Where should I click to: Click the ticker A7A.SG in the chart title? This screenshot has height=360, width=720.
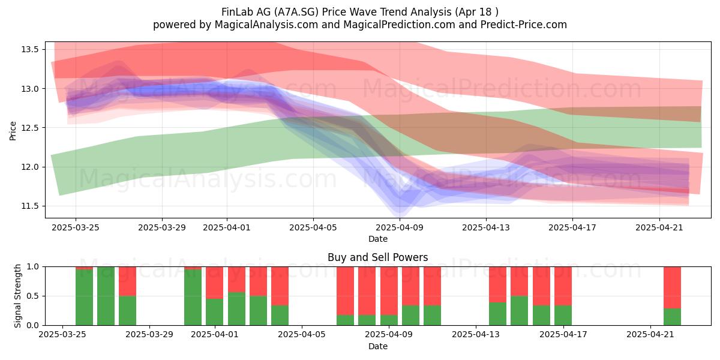(x=296, y=12)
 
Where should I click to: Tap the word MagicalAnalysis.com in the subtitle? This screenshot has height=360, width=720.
(x=266, y=25)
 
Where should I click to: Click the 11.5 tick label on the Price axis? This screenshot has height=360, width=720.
(x=30, y=206)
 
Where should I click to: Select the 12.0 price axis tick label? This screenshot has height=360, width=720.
(x=30, y=167)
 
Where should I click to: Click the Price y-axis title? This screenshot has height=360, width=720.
(x=13, y=131)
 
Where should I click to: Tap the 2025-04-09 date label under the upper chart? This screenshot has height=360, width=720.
(x=400, y=228)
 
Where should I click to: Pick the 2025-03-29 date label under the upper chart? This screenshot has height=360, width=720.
(x=162, y=228)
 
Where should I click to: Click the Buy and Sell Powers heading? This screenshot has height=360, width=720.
(x=377, y=257)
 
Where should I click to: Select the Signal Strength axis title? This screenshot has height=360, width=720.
(x=17, y=296)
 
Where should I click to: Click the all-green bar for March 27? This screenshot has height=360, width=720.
(x=106, y=296)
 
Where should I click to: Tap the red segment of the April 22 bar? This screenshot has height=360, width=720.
(x=672, y=287)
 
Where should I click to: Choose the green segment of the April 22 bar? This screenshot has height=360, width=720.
(x=672, y=317)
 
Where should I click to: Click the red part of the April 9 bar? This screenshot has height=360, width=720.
(x=389, y=291)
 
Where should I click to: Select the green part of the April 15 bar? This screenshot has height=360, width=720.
(x=520, y=311)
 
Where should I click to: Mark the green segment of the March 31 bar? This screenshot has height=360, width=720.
(x=193, y=298)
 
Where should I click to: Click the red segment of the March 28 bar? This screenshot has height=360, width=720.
(x=128, y=281)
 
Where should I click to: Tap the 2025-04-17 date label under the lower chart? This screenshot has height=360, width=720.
(x=563, y=335)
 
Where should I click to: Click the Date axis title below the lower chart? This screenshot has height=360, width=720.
(x=377, y=347)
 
